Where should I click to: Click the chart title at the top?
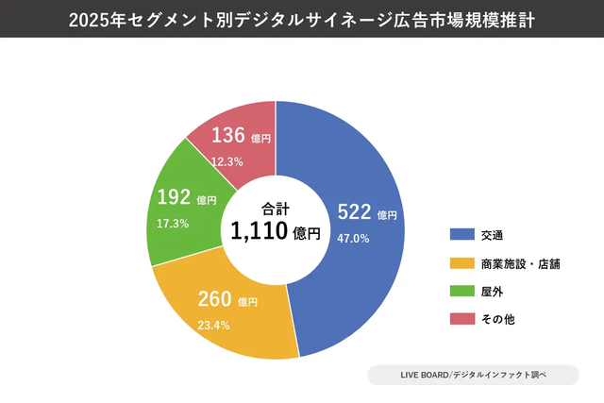click(x=302, y=19)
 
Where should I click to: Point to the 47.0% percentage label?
click(x=354, y=239)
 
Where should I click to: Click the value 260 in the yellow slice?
click(x=214, y=300)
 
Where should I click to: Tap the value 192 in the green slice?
click(x=174, y=199)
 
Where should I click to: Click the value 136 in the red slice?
click(x=228, y=136)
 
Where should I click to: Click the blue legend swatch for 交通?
click(x=461, y=234)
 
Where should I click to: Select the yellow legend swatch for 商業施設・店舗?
click(x=461, y=263)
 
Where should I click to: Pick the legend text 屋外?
click(x=491, y=292)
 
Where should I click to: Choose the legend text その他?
click(x=497, y=320)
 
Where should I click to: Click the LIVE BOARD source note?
click(x=472, y=376)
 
